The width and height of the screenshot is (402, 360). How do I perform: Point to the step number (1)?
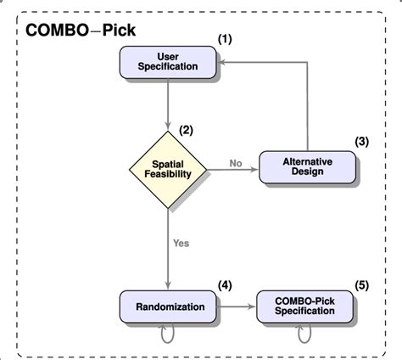(226, 39)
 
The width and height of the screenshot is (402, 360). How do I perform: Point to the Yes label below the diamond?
(181, 243)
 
